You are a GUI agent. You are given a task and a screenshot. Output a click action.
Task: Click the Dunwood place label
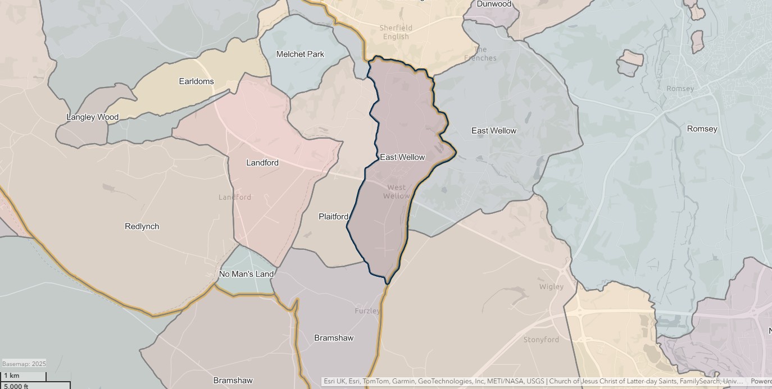(x=494, y=4)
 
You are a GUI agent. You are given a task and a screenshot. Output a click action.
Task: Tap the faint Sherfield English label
(x=396, y=32)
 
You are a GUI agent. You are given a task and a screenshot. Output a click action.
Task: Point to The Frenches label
(x=480, y=53)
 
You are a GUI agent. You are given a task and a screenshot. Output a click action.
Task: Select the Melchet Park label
(x=300, y=54)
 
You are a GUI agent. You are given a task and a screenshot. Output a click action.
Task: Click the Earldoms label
(x=196, y=81)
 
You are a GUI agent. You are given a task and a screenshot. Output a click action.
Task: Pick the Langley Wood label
(x=92, y=117)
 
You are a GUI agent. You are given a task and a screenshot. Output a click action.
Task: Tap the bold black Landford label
(x=262, y=163)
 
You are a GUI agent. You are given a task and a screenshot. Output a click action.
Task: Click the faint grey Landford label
(x=235, y=197)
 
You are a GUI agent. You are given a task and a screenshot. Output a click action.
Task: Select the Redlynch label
(x=142, y=226)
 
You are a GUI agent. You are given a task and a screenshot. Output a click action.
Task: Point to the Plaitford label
(x=333, y=217)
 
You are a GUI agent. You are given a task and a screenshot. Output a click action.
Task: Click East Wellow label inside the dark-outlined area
(x=402, y=157)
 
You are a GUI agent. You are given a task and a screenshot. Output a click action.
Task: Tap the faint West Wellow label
(x=397, y=191)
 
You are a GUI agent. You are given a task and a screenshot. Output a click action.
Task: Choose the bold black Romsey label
(x=702, y=129)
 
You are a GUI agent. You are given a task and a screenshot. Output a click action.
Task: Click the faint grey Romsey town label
(x=680, y=89)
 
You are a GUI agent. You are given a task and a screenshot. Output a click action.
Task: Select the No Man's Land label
(x=246, y=274)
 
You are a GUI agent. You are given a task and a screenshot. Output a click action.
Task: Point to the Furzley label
(x=367, y=310)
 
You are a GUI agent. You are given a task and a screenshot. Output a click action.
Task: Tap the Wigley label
(x=551, y=286)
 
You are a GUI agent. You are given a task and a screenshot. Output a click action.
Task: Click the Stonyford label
(x=541, y=340)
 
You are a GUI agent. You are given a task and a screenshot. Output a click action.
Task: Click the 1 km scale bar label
(x=11, y=376)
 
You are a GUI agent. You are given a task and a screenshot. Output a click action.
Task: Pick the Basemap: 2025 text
(x=24, y=364)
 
